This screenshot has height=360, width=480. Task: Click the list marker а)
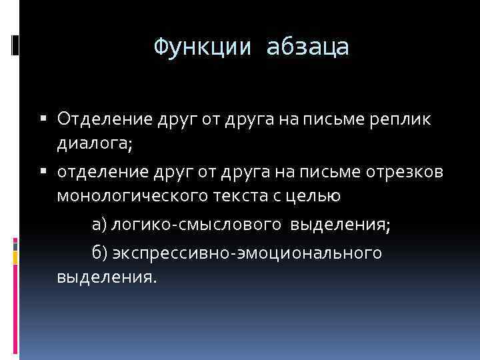[x=99, y=225]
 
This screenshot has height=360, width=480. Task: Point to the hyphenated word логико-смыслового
[x=197, y=225]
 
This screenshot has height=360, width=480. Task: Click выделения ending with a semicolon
[x=341, y=225]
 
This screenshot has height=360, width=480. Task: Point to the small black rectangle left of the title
[x=15, y=46]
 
